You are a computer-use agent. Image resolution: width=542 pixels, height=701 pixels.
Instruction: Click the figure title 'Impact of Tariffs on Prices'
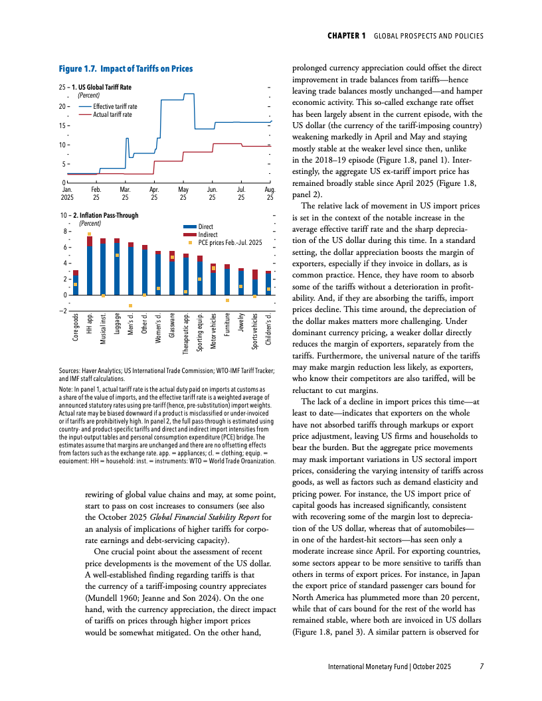click(145, 69)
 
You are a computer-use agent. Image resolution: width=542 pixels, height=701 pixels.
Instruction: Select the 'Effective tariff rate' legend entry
click(115, 107)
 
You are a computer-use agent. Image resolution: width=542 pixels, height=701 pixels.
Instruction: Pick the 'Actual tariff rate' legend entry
click(112, 114)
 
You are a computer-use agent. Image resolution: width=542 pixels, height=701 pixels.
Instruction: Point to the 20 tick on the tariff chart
click(62, 106)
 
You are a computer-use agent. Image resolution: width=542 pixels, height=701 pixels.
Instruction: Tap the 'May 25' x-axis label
click(183, 194)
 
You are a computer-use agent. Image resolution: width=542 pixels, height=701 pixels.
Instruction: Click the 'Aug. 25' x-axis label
click(270, 194)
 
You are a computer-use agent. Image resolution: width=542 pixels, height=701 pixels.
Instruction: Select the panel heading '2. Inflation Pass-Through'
click(102, 216)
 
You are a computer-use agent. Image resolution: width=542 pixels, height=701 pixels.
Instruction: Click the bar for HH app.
click(90, 266)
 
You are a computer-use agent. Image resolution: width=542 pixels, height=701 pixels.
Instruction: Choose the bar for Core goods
click(76, 283)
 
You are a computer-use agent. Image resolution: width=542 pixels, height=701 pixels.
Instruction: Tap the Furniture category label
click(226, 328)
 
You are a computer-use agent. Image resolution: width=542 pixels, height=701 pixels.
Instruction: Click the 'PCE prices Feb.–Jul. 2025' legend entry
click(230, 242)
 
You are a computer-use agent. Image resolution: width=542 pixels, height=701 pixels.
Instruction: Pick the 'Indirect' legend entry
click(207, 234)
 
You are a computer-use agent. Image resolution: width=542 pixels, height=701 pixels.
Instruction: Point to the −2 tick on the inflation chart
click(62, 311)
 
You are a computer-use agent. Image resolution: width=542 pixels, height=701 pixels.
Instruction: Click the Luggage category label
click(118, 328)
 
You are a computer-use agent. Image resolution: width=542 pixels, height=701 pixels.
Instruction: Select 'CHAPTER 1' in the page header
click(347, 35)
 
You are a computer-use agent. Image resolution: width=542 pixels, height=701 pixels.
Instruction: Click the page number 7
click(482, 666)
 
